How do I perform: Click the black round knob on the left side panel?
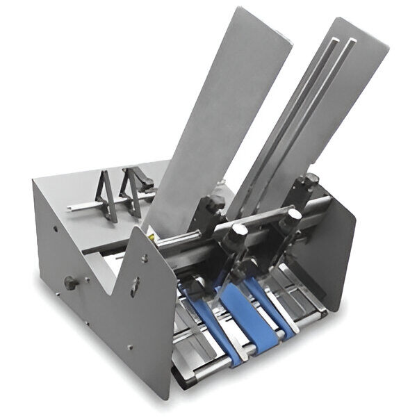point(69,283)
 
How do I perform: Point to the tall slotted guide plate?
point(313,111)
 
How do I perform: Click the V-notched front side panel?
point(139,313)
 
